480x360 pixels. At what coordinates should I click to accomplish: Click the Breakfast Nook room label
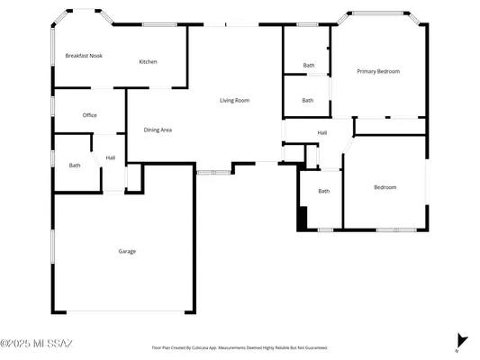84,56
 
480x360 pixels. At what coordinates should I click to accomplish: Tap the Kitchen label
148,61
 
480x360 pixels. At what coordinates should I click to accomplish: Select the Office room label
90,115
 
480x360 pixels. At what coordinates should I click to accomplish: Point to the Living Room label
234,100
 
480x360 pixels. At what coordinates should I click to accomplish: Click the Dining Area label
158,130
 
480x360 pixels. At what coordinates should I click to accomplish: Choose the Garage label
127,251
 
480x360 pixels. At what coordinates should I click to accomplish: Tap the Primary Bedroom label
378,71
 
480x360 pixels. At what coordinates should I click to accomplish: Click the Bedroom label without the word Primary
385,187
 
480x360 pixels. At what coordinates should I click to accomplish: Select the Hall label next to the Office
111,157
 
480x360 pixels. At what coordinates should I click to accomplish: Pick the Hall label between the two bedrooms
322,133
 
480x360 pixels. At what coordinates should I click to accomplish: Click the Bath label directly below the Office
75,165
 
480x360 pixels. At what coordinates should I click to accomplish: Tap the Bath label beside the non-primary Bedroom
323,191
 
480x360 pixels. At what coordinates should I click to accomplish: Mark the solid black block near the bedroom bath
303,218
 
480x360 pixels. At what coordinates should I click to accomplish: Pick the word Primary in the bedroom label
367,71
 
